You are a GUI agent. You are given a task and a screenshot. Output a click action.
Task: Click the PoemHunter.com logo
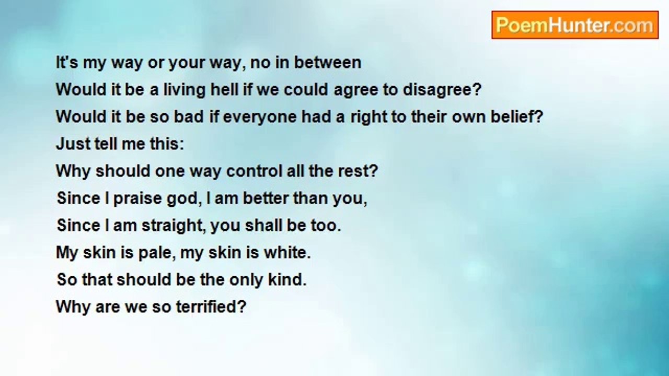pyautogui.click(x=575, y=25)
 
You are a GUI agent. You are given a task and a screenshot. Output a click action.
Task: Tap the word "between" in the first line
pyautogui.click(x=328, y=62)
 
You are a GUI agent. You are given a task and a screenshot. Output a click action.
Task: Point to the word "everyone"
pyautogui.click(x=260, y=118)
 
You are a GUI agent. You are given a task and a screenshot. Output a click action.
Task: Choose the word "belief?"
pyautogui.click(x=517, y=116)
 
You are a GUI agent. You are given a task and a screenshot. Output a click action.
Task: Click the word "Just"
pyautogui.click(x=73, y=144)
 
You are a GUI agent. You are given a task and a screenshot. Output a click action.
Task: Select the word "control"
pyautogui.click(x=254, y=171)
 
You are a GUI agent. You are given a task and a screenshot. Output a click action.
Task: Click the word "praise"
pyautogui.click(x=137, y=199)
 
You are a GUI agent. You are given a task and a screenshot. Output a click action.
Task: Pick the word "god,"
pyautogui.click(x=184, y=199)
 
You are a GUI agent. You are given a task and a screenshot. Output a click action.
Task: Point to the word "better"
pyautogui.click(x=266, y=198)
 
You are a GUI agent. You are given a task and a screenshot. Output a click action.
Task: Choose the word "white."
pyautogui.click(x=287, y=252)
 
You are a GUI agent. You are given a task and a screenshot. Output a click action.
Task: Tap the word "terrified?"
pyautogui.click(x=211, y=307)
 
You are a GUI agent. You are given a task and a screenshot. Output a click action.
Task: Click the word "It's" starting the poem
pyautogui.click(x=67, y=62)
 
